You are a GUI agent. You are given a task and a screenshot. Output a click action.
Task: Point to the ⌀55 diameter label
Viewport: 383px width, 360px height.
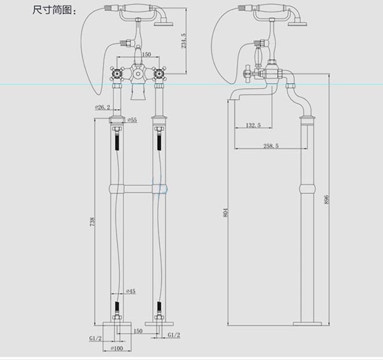(132, 120)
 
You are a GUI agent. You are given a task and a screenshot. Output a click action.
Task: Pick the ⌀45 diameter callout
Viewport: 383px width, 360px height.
(130, 291)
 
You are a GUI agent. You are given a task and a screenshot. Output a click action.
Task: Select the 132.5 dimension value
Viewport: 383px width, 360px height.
(253, 125)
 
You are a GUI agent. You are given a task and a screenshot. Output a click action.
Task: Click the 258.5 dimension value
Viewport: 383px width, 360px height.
(271, 146)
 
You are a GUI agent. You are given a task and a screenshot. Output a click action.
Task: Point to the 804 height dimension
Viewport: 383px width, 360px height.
(226, 213)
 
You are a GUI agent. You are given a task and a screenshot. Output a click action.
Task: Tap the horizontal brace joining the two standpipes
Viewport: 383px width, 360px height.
(136, 189)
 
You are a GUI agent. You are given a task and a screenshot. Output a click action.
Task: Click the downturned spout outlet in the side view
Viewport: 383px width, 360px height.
(232, 101)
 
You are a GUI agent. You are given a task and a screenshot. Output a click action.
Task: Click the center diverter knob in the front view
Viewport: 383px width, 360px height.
(137, 73)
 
